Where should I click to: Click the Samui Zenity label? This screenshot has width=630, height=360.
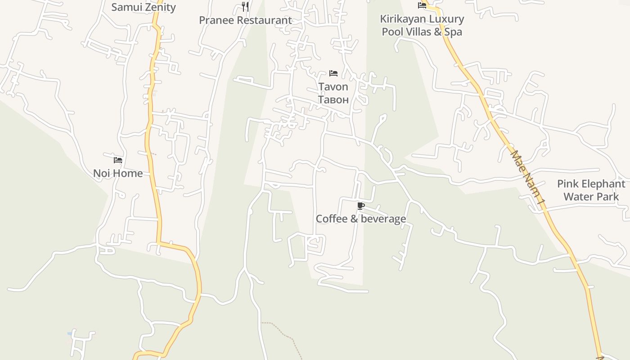click(x=144, y=7)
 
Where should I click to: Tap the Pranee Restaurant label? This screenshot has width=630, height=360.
click(x=245, y=20)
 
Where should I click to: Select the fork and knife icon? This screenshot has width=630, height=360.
click(x=245, y=6)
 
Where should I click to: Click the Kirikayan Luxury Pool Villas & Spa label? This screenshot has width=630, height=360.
click(x=422, y=25)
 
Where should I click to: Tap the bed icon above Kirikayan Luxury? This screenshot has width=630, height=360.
click(x=422, y=5)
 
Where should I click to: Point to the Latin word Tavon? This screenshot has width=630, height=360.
click(x=333, y=86)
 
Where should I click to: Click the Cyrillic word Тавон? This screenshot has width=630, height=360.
click(x=333, y=99)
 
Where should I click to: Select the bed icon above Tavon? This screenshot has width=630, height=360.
click(x=333, y=73)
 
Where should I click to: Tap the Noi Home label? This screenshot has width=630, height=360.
click(x=118, y=173)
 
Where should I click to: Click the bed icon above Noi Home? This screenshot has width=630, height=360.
click(x=118, y=160)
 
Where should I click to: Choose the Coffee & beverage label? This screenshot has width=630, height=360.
click(x=360, y=219)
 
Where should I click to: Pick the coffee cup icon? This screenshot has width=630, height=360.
click(x=360, y=206)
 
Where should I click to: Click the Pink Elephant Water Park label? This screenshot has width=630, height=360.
click(x=591, y=190)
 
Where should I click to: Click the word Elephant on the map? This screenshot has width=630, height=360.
click(x=601, y=184)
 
